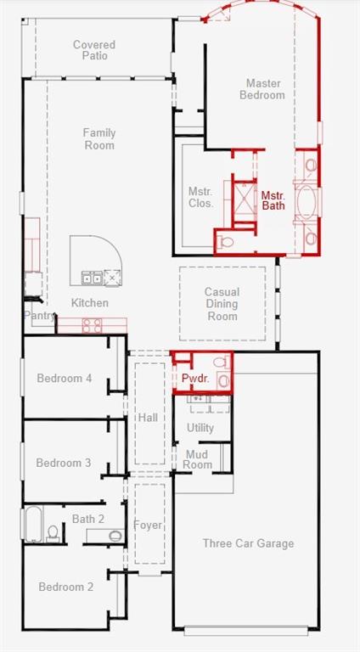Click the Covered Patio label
click(94, 50)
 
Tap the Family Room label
click(99, 139)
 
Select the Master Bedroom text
click(262, 89)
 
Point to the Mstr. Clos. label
click(200, 198)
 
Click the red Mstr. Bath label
click(273, 200)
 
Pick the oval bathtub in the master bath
click(307, 202)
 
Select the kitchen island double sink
click(92, 278)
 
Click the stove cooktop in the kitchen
click(92, 325)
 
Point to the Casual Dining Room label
click(222, 304)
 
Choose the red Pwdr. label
click(195, 379)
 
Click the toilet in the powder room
click(222, 363)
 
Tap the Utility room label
click(200, 428)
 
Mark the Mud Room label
click(198, 459)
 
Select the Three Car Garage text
click(248, 543)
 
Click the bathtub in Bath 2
click(34, 524)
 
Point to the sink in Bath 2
click(116, 536)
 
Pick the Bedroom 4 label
click(65, 379)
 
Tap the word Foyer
click(148, 526)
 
